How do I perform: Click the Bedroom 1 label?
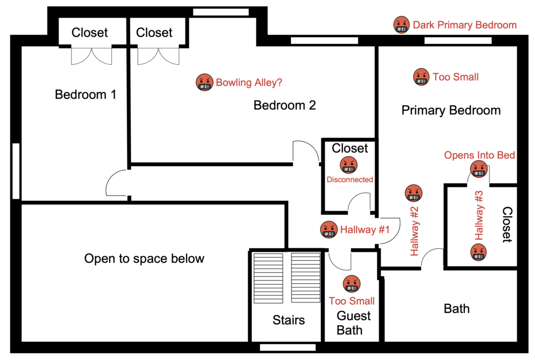click(x=85, y=95)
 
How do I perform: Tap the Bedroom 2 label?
click(x=285, y=105)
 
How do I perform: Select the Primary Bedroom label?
click(x=451, y=110)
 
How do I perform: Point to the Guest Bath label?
click(x=353, y=323)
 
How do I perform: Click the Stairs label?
click(x=288, y=320)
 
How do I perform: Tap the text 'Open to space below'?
click(x=144, y=259)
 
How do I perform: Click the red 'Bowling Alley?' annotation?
click(x=249, y=83)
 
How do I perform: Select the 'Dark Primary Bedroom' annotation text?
click(x=464, y=25)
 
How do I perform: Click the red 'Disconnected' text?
click(x=350, y=180)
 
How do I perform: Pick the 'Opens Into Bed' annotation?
click(x=480, y=155)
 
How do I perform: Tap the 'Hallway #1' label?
click(x=365, y=230)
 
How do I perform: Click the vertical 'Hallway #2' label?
click(x=414, y=231)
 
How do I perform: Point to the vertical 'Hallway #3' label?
click(x=479, y=216)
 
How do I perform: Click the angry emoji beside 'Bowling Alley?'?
click(x=204, y=82)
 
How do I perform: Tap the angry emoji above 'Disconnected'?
click(x=348, y=165)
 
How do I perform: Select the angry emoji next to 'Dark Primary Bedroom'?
click(x=402, y=25)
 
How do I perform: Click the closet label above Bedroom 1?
click(x=89, y=32)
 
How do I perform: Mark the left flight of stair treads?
click(x=268, y=278)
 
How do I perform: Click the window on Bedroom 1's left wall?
click(x=16, y=171)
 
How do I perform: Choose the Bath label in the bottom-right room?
click(x=457, y=308)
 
